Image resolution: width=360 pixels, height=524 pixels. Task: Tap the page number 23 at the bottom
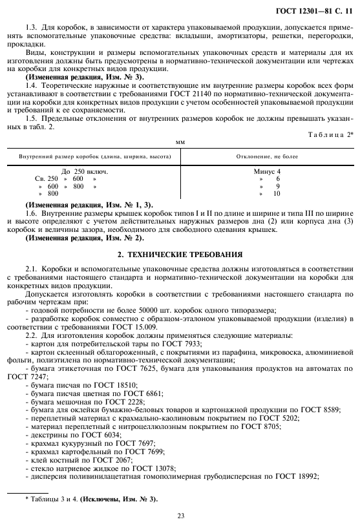coord(180,515)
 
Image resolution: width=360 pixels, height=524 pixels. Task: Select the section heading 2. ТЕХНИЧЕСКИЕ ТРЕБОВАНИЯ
coord(180,254)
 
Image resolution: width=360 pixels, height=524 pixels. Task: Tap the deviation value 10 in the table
coord(277,193)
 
